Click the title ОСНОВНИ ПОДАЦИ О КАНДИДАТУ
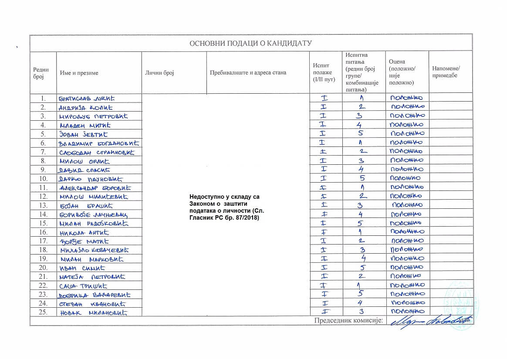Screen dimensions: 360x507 250,43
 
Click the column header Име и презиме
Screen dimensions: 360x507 79,73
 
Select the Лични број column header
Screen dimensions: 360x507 159,73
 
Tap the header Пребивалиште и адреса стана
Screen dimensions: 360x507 248,73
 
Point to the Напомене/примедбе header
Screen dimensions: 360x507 446,73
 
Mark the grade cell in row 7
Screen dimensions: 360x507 407,152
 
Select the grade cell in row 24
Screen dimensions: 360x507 407,303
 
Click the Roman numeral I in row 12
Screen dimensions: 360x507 324,197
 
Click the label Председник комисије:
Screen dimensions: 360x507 348,321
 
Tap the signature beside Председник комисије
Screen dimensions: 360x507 429,321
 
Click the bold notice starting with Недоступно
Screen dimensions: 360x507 228,207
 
